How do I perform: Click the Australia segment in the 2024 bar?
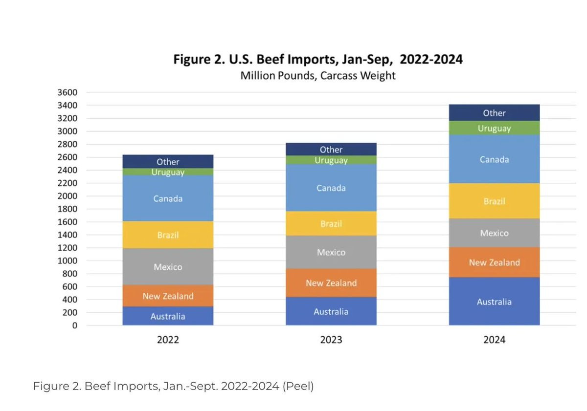point(494,301)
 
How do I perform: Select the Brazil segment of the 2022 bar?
point(168,235)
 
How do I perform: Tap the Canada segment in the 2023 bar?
point(331,188)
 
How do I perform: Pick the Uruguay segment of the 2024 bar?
point(494,128)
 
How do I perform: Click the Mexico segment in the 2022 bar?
point(168,267)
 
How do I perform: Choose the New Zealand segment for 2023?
point(331,283)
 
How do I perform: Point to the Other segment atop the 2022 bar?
point(168,161)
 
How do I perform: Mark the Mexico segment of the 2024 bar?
point(494,233)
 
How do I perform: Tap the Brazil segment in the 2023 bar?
point(331,224)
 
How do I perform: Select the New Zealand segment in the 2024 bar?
point(494,262)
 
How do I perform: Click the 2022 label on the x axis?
point(168,340)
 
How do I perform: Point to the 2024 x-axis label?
point(494,340)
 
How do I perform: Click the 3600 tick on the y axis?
point(68,92)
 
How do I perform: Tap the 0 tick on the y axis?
point(74,325)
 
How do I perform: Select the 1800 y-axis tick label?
point(68,209)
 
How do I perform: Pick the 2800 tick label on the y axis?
point(68,144)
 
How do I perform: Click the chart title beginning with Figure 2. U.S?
point(318,60)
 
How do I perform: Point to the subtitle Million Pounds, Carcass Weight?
point(318,76)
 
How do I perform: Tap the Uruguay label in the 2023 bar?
point(331,160)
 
